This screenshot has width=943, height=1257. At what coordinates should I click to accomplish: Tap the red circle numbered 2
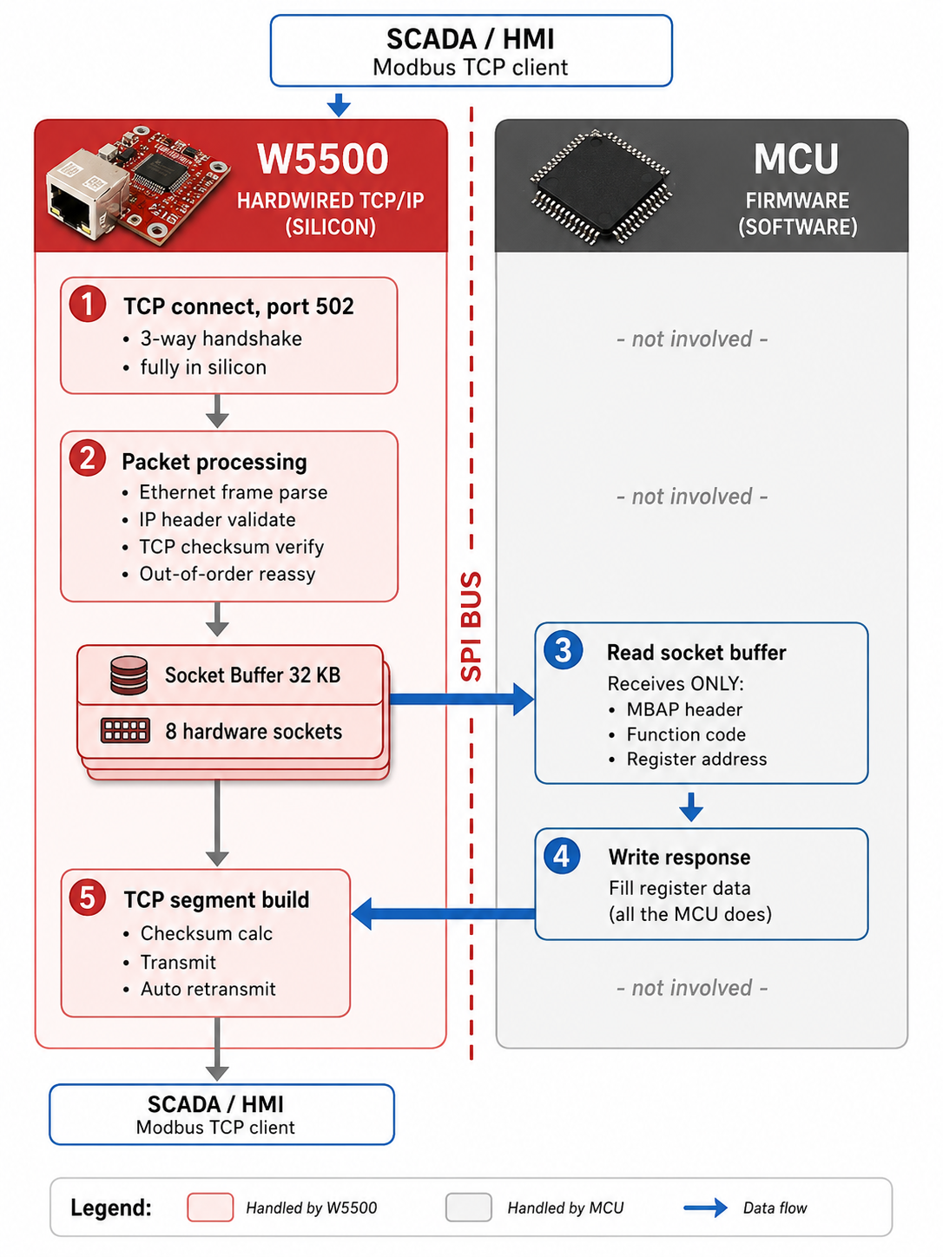(x=87, y=457)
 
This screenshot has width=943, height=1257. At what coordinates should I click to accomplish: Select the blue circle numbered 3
(x=563, y=649)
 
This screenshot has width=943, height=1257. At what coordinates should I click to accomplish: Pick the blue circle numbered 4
(x=562, y=856)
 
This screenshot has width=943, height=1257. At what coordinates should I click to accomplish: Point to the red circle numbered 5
(x=87, y=897)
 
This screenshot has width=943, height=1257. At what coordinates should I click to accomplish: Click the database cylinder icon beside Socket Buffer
(x=129, y=675)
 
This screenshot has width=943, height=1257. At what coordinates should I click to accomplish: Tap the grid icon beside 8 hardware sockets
(x=125, y=730)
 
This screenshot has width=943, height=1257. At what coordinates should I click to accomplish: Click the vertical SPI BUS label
(x=471, y=627)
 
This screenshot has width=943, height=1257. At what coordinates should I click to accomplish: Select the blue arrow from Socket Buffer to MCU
(x=461, y=699)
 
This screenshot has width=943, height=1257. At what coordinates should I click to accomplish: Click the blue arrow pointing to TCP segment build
(x=443, y=913)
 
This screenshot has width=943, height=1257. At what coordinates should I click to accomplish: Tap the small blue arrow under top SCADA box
(x=339, y=105)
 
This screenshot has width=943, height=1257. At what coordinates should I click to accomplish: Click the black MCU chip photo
(x=600, y=186)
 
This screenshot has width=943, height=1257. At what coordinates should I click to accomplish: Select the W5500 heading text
(x=323, y=159)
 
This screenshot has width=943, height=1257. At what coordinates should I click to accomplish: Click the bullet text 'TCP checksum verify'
(x=231, y=547)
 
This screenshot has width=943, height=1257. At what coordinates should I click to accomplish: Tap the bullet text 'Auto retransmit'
(x=208, y=989)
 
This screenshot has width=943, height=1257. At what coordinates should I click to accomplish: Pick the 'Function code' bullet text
(x=686, y=734)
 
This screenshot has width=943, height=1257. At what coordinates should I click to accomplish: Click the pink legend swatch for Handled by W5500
(x=210, y=1208)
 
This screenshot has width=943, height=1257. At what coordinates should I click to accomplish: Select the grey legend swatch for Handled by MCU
(x=468, y=1208)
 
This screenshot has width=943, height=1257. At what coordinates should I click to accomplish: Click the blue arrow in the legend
(x=705, y=1208)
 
